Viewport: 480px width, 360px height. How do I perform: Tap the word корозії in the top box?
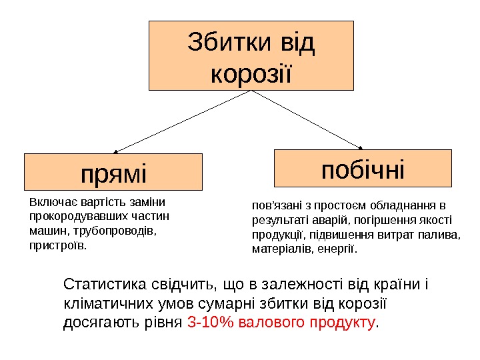(x=251, y=71)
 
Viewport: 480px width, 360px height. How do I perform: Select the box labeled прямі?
(x=113, y=172)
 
